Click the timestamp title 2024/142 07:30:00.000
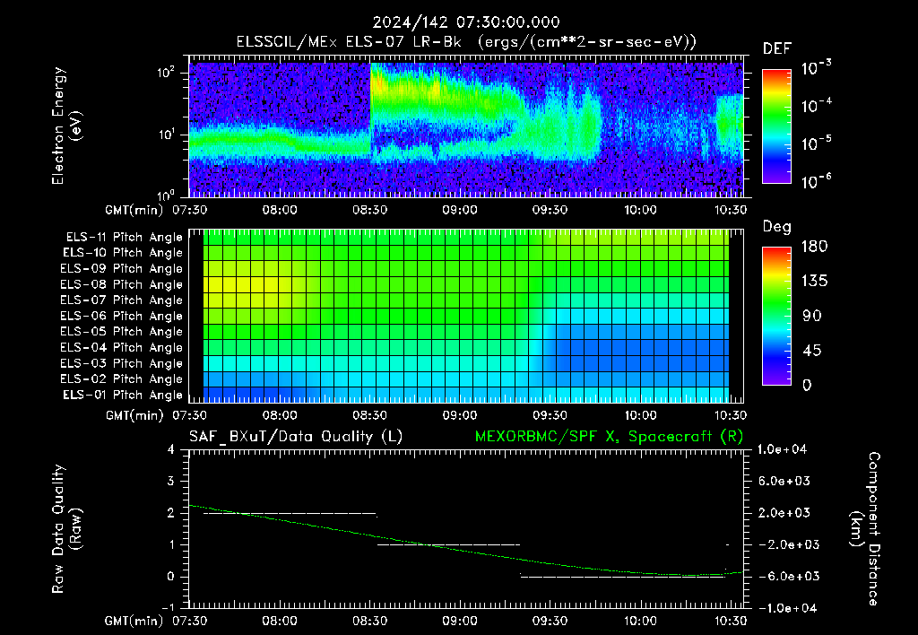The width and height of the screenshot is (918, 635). tap(466, 22)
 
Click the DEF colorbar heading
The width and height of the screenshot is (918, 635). tap(777, 48)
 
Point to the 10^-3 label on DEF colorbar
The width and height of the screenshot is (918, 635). tap(817, 68)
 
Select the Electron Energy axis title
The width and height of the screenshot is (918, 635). tap(66, 126)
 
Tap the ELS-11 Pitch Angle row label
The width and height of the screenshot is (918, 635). tap(124, 238)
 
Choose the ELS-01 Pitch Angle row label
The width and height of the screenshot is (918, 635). tap(122, 395)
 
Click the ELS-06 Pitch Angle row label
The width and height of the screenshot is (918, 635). tap(121, 316)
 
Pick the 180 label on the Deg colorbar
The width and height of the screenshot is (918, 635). tap(814, 246)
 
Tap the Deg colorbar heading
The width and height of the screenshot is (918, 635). tap(777, 227)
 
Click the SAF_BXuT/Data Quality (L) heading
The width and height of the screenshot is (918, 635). tap(296, 437)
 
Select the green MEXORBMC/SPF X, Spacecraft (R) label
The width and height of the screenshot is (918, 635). tap(609, 437)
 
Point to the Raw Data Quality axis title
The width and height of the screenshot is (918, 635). tap(66, 529)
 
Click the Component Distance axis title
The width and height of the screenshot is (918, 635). tap(865, 529)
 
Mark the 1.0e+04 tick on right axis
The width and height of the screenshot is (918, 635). tap(782, 449)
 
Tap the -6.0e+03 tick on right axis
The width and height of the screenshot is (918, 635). tap(784, 577)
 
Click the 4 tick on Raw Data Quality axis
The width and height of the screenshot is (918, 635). tap(171, 449)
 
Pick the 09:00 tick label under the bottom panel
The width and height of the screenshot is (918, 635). tap(460, 621)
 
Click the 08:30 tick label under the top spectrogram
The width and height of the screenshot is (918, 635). tap(369, 210)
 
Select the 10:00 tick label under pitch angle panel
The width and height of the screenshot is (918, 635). tap(640, 415)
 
